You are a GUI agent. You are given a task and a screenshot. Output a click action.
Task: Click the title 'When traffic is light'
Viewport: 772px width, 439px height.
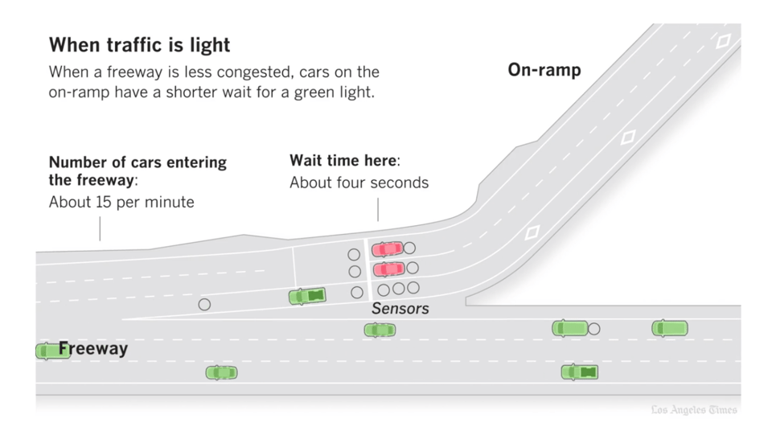click(139, 44)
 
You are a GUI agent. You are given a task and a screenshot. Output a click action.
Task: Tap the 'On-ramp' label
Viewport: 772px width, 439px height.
click(544, 70)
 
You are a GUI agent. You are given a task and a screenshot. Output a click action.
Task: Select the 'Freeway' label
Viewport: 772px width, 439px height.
click(93, 349)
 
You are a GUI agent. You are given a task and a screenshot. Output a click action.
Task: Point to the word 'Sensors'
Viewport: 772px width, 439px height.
click(400, 309)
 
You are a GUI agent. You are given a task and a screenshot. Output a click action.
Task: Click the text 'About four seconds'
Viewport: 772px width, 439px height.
click(359, 183)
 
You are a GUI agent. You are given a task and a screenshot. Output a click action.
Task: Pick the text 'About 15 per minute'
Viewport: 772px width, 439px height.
click(121, 202)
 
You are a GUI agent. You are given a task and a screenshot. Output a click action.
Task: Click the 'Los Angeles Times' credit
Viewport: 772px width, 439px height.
click(694, 410)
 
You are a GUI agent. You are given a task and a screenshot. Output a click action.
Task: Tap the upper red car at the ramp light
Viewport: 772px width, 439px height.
click(388, 248)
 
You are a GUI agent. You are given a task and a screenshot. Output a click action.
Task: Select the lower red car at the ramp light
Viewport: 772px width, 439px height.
click(388, 269)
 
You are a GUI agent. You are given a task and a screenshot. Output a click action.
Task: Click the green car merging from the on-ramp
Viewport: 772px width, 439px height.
click(307, 297)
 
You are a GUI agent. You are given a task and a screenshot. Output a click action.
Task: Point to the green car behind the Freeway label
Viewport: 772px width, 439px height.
click(48, 351)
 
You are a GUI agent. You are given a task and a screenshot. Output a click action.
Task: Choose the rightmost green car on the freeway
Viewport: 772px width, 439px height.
click(670, 328)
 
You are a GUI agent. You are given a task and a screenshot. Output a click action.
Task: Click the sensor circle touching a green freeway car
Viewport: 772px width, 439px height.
click(593, 329)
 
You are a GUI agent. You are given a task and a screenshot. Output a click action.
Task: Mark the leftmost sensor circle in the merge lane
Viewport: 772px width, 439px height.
click(204, 305)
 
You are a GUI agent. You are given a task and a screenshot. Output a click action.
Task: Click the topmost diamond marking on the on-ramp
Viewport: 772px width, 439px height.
click(723, 41)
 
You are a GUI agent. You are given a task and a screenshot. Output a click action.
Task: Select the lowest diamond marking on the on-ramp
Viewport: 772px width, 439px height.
click(532, 233)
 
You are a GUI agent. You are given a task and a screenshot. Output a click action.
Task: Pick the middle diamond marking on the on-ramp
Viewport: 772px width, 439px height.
click(628, 137)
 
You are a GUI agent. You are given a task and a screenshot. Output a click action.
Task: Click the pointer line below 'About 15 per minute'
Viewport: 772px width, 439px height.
click(100, 229)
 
